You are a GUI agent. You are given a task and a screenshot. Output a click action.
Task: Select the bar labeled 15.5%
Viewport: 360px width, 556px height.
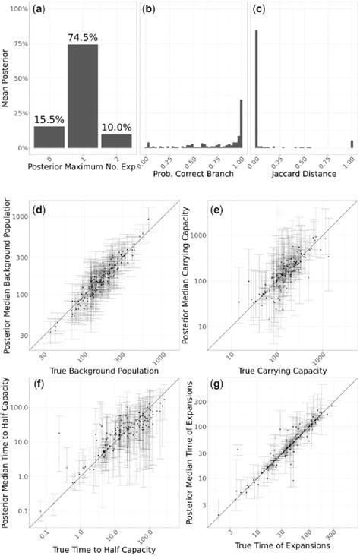pyautogui.click(x=49, y=137)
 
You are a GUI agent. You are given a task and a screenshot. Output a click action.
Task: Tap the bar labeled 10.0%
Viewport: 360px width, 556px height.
pyautogui.click(x=117, y=141)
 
